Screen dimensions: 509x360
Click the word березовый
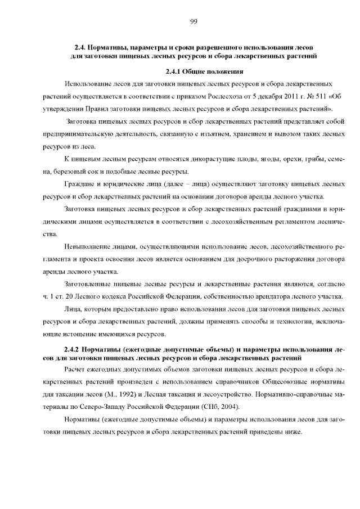tap(69, 172)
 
